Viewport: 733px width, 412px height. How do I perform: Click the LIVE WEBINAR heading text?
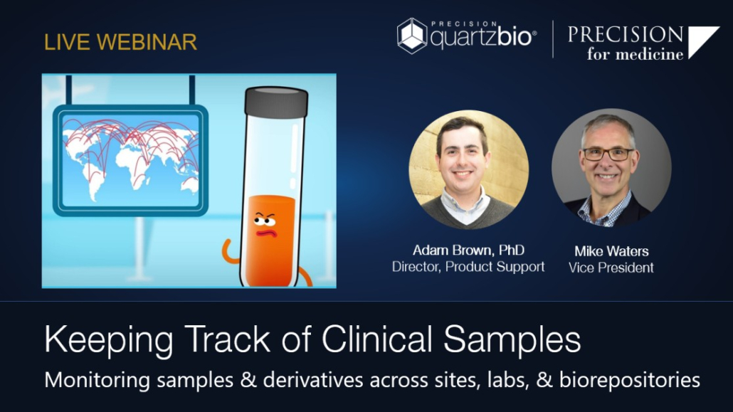click(x=120, y=42)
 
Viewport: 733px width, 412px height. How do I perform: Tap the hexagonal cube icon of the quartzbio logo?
click(x=412, y=36)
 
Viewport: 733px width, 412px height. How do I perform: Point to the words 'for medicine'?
click(x=635, y=54)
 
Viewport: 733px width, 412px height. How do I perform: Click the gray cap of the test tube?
click(x=276, y=102)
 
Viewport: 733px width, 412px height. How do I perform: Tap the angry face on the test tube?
click(x=265, y=224)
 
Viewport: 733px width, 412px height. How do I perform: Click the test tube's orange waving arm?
click(x=231, y=252)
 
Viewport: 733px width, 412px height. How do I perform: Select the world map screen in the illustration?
click(x=130, y=160)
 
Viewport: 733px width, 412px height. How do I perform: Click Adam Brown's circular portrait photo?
click(x=468, y=169)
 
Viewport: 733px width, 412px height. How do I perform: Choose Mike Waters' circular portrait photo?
click(x=611, y=168)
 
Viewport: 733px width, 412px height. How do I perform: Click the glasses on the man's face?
click(x=608, y=154)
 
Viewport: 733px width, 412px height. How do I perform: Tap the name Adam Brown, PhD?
click(x=468, y=250)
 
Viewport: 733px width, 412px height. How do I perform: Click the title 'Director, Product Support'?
click(x=468, y=267)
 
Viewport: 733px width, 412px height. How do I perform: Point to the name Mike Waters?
click(x=611, y=251)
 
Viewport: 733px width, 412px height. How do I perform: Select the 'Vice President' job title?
click(x=611, y=268)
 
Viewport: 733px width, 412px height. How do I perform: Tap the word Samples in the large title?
click(x=512, y=340)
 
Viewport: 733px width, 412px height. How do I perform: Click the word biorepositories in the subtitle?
click(x=630, y=380)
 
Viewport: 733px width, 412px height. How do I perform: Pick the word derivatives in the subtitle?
click(x=313, y=380)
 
